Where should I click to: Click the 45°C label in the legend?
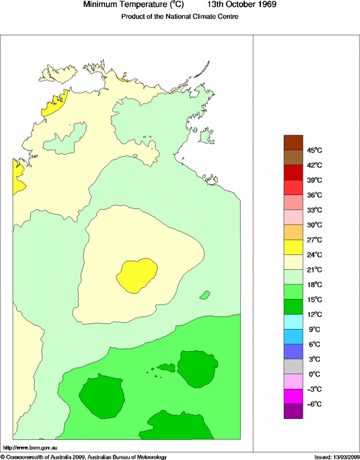315,150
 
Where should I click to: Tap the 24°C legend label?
315,254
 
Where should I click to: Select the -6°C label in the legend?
315,404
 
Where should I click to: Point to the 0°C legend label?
315,374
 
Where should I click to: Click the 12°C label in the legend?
315,314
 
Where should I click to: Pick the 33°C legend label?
315,210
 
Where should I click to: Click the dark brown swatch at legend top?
293,142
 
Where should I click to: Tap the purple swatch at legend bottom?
293,411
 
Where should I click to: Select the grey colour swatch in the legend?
293,366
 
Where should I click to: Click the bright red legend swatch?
293,187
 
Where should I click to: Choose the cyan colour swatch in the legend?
293,321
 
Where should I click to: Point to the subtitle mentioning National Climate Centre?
180,17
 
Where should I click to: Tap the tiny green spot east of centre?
205,295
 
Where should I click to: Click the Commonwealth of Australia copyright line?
84,457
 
